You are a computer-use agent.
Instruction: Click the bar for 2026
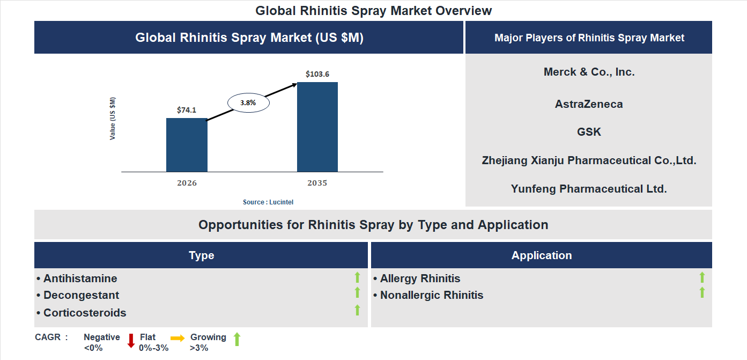[187, 145]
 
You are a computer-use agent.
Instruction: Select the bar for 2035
[317, 127]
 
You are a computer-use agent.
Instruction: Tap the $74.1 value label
[187, 110]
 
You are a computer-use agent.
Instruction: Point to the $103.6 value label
[317, 74]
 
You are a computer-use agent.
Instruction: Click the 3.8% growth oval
[248, 102]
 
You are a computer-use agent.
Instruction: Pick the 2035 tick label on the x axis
[317, 183]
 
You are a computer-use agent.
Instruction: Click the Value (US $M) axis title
[113, 119]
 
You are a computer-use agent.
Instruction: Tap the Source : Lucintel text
[268, 202]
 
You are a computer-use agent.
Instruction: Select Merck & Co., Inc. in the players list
[589, 72]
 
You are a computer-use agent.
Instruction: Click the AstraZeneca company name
[589, 104]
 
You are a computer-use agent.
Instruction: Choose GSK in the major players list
[589, 132]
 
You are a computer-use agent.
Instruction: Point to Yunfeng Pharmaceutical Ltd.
[589, 189]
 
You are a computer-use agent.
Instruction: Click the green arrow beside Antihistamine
[357, 277]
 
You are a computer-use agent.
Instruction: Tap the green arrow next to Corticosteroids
[357, 310]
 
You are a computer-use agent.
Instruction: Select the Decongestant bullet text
[81, 295]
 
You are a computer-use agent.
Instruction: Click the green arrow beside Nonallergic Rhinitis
[702, 293]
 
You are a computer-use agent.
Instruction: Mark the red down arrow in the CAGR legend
[131, 341]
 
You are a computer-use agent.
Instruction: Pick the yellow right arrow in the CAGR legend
[177, 338]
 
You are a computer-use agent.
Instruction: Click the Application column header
[541, 255]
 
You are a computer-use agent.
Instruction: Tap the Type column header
[201, 255]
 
